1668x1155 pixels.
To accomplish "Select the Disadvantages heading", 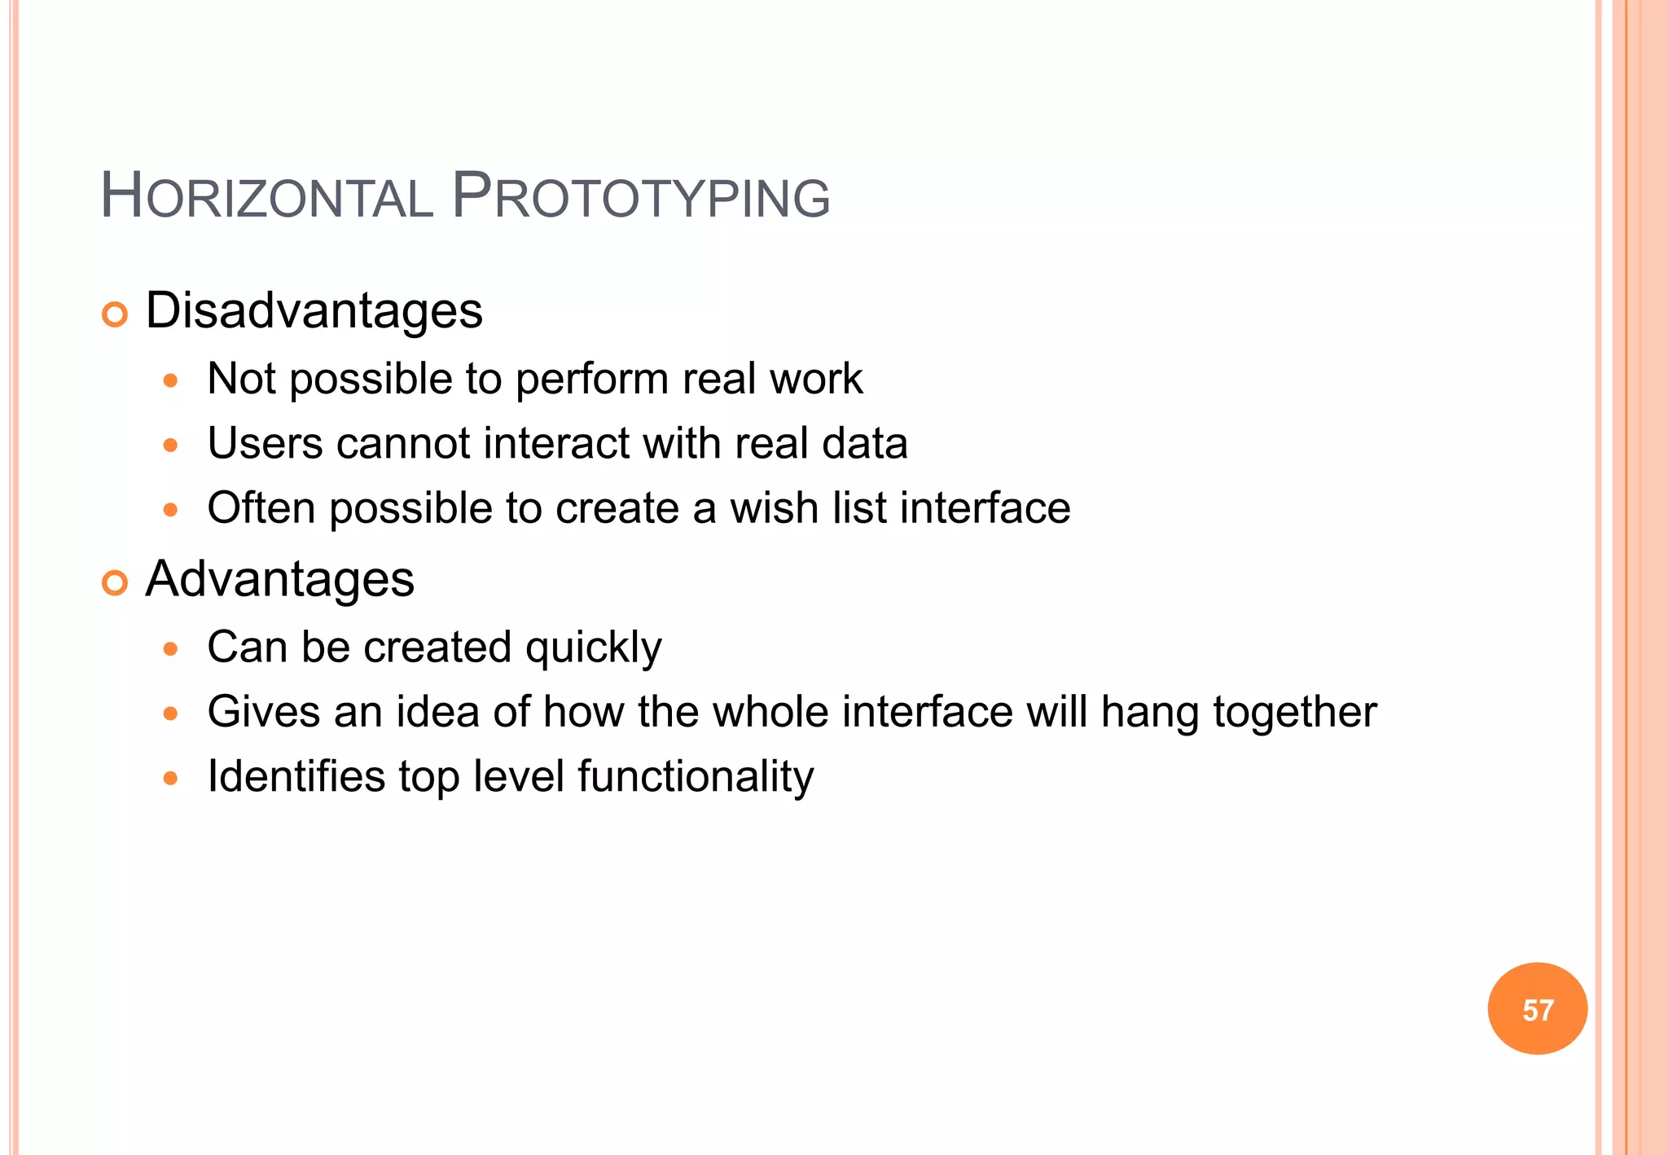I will point(314,311).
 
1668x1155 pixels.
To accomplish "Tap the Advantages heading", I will point(279,579).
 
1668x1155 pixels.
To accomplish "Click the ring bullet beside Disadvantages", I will point(115,314).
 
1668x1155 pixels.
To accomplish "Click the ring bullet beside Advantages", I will point(115,582).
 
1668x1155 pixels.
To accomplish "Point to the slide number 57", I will point(1537,1010).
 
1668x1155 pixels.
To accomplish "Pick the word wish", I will point(774,508).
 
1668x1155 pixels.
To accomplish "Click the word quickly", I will point(593,648).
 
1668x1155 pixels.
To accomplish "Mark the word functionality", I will point(696,776).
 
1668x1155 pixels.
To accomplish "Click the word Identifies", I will point(296,776).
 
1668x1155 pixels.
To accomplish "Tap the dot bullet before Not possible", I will point(170,380).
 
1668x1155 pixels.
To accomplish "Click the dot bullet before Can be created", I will point(170,649).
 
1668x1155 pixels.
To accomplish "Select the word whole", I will point(771,712).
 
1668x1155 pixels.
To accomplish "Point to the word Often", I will point(261,508).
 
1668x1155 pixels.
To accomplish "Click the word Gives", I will point(264,712).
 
